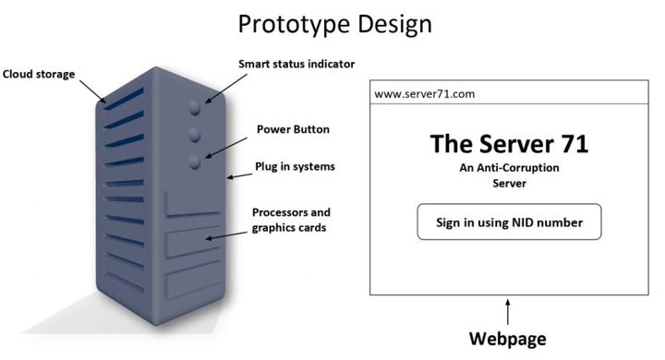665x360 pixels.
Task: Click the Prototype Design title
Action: tap(334, 24)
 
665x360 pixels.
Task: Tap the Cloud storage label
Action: tap(39, 74)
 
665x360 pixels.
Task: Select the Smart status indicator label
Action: tap(296, 64)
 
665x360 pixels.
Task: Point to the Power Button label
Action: tap(293, 129)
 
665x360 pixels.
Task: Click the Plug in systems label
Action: tap(295, 167)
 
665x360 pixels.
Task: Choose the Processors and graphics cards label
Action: tap(291, 220)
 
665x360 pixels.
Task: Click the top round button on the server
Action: tap(195, 108)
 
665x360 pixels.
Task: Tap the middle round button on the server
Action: tap(195, 136)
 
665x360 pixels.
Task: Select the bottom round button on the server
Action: tap(195, 162)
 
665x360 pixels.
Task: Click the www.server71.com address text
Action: tap(425, 94)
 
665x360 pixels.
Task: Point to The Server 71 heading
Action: tap(509, 144)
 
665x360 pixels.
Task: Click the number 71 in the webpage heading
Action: tap(575, 144)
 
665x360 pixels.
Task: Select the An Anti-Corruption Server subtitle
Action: tap(509, 175)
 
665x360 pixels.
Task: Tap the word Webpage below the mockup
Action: tap(508, 339)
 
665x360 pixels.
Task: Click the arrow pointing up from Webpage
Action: tap(508, 312)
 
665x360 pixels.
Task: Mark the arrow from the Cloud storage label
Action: tap(93, 91)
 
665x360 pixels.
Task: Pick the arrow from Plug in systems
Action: tap(239, 175)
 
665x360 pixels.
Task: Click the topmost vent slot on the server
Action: tap(124, 99)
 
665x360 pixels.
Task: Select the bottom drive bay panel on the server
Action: tap(193, 280)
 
